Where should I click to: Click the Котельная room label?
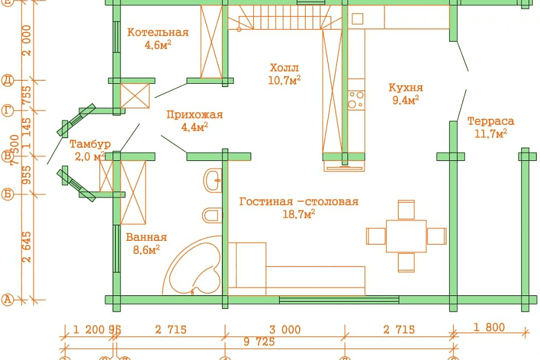158,33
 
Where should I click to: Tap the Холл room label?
284,68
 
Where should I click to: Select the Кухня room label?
405,88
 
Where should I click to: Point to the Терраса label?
490,121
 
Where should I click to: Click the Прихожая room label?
194,115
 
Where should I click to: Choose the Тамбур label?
90,144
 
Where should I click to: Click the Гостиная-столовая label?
298,202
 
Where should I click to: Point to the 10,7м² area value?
284,80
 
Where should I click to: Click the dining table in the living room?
406,236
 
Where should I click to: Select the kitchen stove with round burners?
356,99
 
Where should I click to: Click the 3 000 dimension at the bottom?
285,329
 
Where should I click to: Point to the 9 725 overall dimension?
259,342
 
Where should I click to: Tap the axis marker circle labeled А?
8,300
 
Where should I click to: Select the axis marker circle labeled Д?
8,81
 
